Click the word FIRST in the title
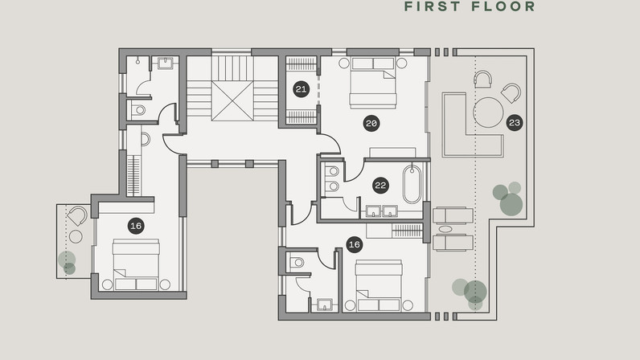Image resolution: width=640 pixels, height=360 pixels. [x=433, y=6]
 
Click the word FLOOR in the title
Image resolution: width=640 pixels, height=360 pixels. [x=503, y=6]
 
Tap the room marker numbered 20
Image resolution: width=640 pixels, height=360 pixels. [x=371, y=123]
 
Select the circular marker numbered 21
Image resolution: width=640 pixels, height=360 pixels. [x=301, y=89]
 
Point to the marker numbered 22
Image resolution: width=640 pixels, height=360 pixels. [x=380, y=186]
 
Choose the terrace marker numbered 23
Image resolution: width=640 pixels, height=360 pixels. [x=515, y=122]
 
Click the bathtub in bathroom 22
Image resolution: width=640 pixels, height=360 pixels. [x=412, y=184]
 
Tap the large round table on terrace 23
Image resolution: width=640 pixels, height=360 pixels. [x=488, y=112]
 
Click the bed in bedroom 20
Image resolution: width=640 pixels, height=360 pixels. [x=373, y=83]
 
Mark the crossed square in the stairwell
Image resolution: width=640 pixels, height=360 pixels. [x=232, y=100]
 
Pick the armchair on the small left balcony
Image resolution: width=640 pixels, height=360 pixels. [x=77, y=215]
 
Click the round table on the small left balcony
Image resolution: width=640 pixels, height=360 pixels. [x=76, y=236]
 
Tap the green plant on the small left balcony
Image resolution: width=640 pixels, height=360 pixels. [x=68, y=263]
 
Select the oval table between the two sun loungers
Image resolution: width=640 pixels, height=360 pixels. [x=445, y=229]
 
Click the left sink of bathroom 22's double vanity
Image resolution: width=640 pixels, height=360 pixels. [x=374, y=211]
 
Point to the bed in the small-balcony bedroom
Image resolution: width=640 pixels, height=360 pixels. [x=136, y=264]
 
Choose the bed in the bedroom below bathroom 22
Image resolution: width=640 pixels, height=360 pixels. [x=379, y=286]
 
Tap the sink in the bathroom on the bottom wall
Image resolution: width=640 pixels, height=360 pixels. [x=325, y=304]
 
